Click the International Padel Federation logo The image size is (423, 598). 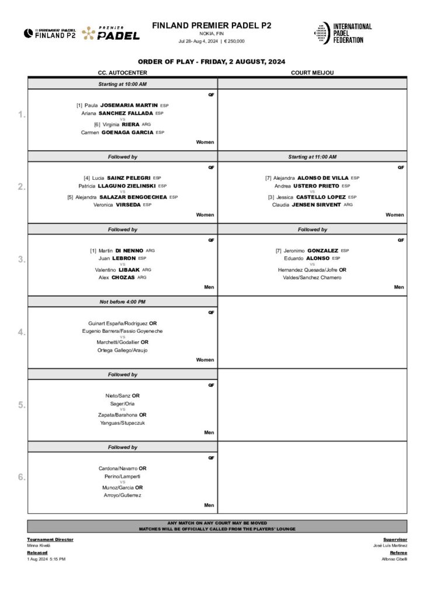click(343, 33)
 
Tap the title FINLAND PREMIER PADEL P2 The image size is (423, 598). click(211, 25)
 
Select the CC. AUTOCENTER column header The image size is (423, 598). click(122, 72)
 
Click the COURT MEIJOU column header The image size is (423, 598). click(312, 72)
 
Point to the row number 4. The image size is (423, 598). click(22, 332)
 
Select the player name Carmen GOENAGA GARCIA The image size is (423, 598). click(122, 133)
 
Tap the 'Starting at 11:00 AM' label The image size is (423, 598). click(312, 157)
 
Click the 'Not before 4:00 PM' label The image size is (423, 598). click(122, 301)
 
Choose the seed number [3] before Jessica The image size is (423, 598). click(272, 197)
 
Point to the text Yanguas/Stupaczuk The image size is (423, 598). click(122, 422)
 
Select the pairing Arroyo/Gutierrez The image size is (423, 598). click(122, 495)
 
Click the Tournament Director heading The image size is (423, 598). click(50, 540)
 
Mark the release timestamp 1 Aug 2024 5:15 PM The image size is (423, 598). click(46, 559)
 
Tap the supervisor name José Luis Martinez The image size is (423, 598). click(390, 545)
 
